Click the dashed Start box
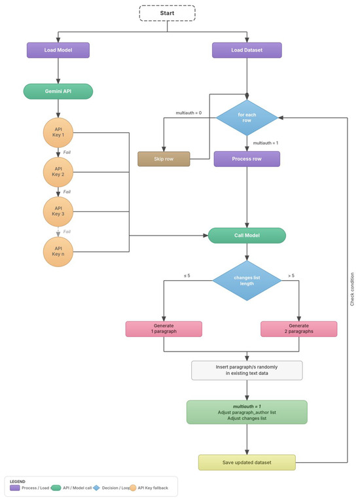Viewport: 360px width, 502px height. click(x=167, y=13)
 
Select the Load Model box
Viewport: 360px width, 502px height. click(x=58, y=50)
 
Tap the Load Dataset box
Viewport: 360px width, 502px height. click(x=247, y=50)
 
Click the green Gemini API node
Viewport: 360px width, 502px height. click(x=58, y=91)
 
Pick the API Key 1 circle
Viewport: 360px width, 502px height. click(x=58, y=133)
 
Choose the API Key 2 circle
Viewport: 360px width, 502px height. click(x=58, y=173)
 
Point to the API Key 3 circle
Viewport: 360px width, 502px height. click(x=58, y=211)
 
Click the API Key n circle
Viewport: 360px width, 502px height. click(x=58, y=251)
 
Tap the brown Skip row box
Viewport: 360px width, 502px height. click(x=164, y=159)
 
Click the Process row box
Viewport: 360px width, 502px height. click(x=247, y=159)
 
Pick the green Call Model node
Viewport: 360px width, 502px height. click(x=247, y=235)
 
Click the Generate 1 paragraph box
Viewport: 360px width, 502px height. click(x=164, y=329)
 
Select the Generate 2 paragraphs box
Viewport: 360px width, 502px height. click(x=298, y=329)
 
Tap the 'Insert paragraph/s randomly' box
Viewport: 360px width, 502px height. click(x=247, y=370)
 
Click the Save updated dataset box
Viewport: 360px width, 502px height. click(x=247, y=462)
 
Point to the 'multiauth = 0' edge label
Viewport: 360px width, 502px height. click(x=189, y=113)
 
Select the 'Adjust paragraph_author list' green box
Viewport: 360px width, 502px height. click(x=247, y=412)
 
